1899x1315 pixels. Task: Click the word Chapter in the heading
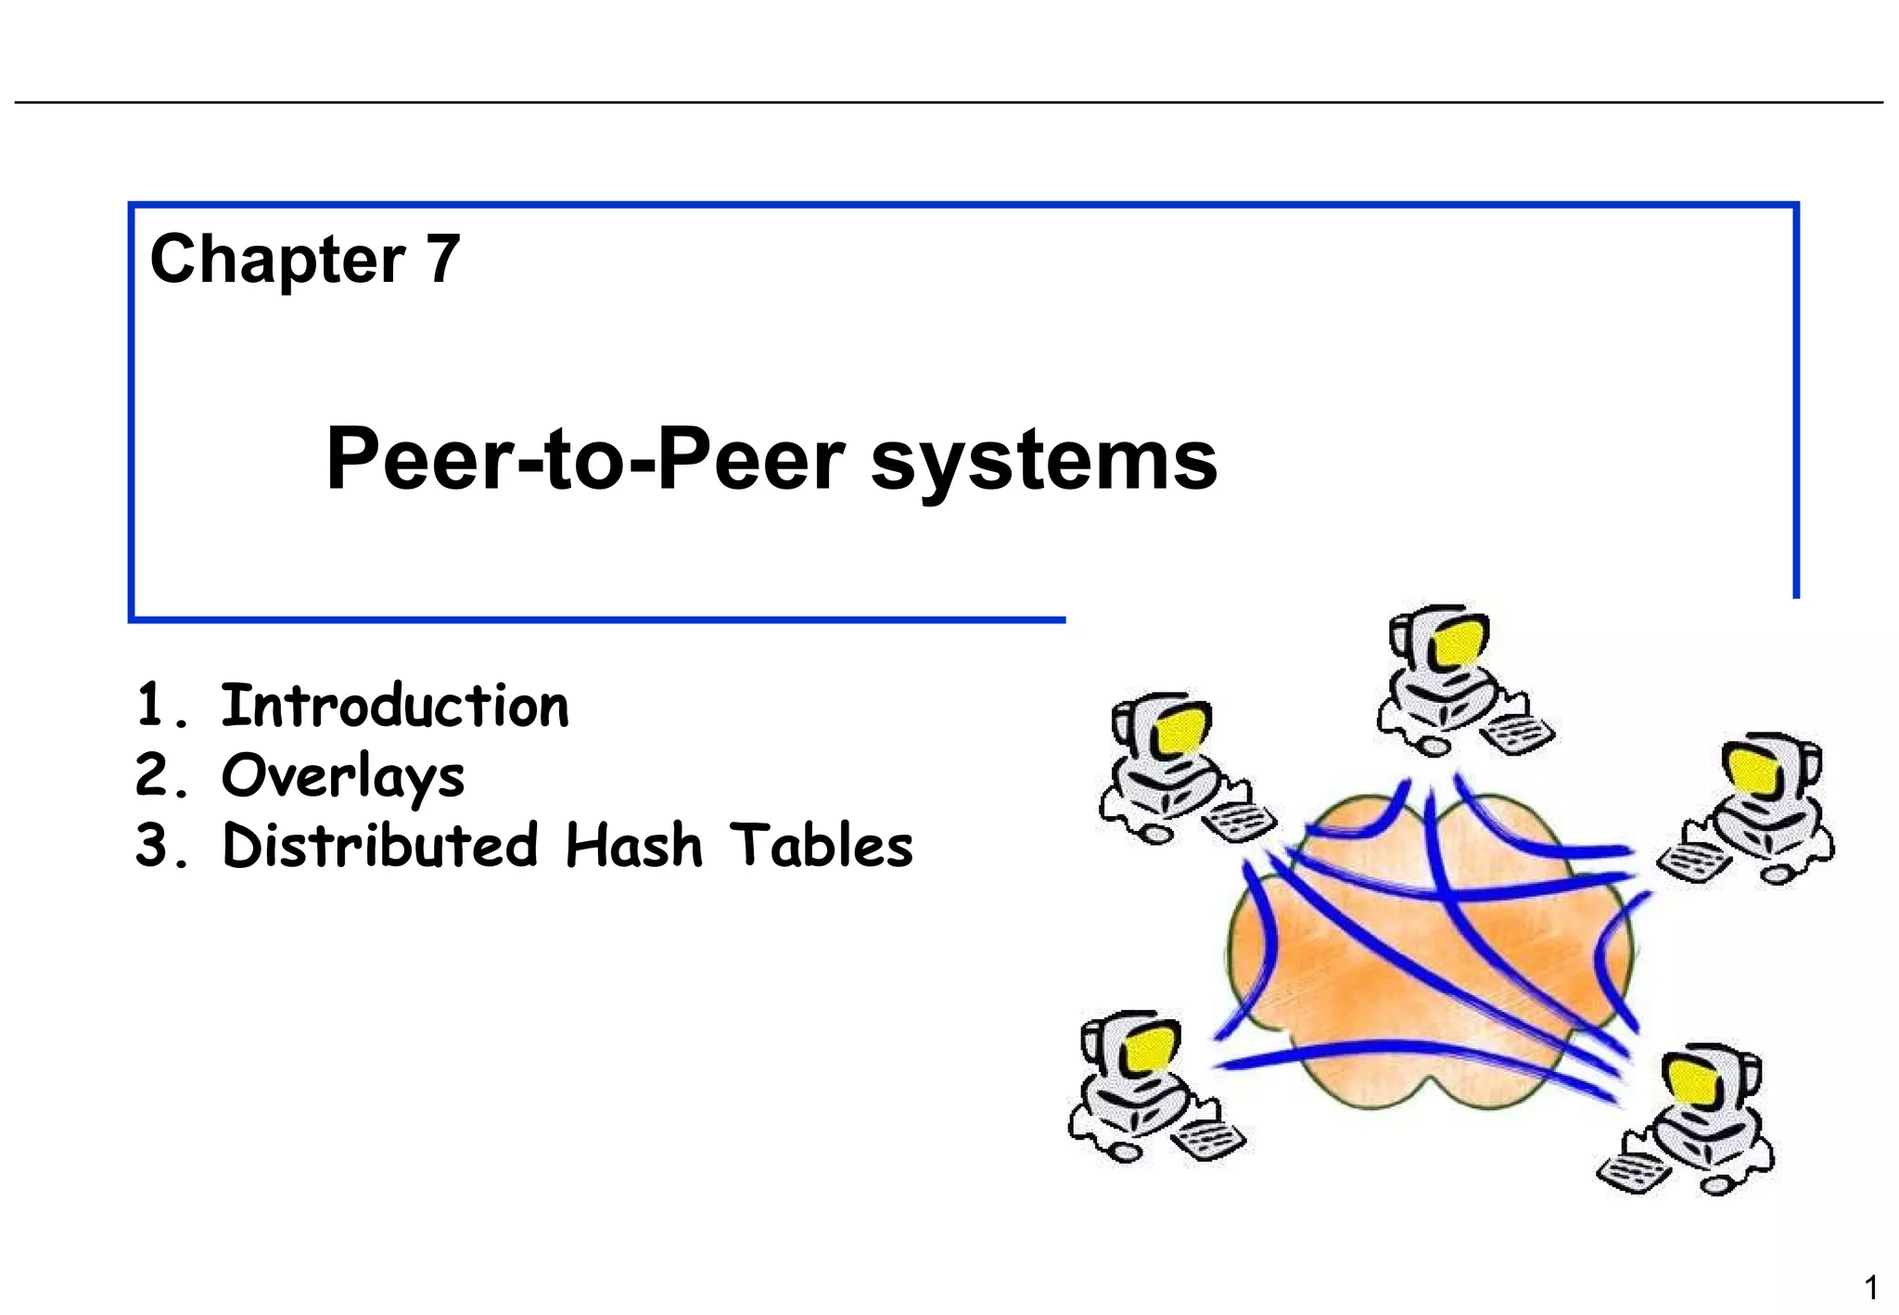click(x=276, y=260)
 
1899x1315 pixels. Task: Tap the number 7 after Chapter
click(x=443, y=259)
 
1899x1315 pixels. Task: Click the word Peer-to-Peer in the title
click(x=584, y=460)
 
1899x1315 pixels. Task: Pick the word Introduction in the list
click(x=394, y=707)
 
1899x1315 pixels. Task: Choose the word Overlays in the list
click(x=342, y=777)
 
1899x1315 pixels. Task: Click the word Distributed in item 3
click(x=380, y=846)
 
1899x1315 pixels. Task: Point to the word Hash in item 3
click(x=634, y=846)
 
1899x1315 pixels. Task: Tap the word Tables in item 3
click(x=821, y=846)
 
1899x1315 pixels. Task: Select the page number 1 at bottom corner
click(x=1871, y=1287)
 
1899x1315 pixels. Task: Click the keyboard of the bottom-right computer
click(x=1634, y=1173)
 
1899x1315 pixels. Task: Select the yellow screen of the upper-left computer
click(x=1180, y=729)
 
